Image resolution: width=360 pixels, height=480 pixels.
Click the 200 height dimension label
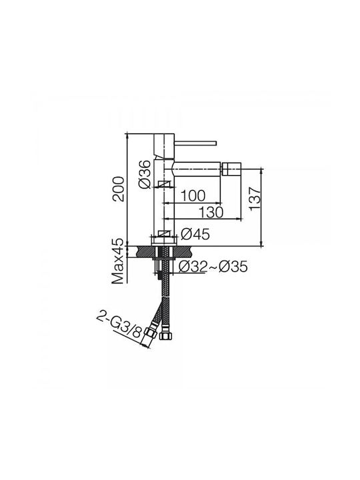pos(118,189)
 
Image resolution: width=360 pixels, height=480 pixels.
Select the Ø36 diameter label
pos(145,174)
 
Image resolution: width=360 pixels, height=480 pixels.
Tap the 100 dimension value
pos(193,195)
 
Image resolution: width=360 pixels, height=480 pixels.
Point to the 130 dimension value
pos(211,212)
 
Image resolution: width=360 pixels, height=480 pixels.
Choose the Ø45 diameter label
pos(195,235)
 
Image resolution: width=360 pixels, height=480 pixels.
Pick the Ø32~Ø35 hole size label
pos(213,267)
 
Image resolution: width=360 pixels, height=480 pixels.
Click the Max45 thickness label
pos(118,261)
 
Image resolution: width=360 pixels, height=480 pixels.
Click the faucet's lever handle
pos(195,143)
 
